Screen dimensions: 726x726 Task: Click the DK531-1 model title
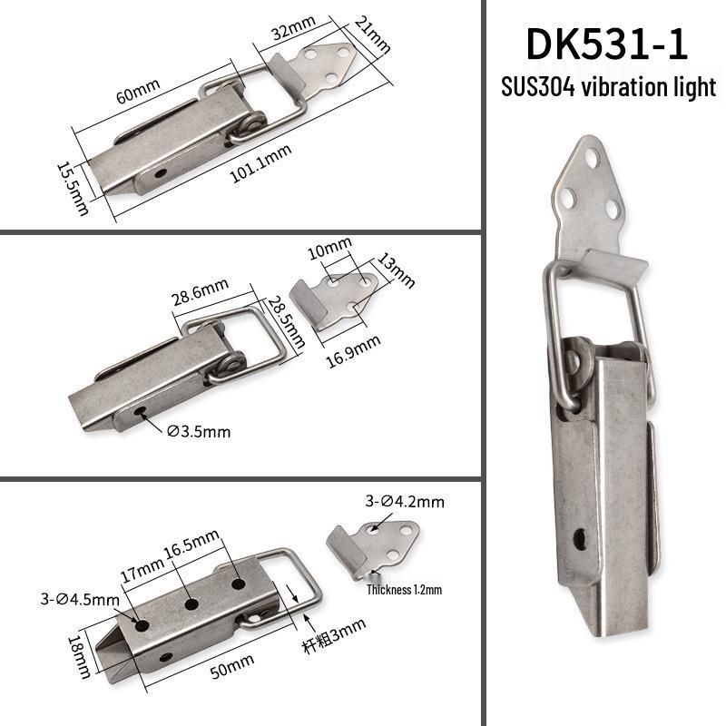tap(607, 44)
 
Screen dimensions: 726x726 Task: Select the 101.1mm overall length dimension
tap(260, 163)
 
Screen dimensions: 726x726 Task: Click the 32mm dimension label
tap(293, 27)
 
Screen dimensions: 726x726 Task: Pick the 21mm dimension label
tap(373, 34)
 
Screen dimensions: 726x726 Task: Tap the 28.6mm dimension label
tap(201, 291)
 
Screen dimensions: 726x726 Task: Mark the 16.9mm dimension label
tap(354, 351)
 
